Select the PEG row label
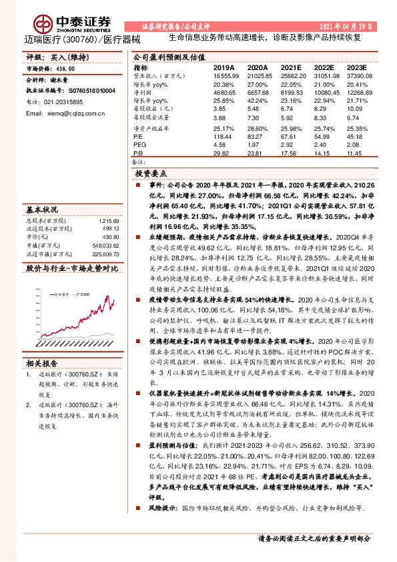pos(139,144)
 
